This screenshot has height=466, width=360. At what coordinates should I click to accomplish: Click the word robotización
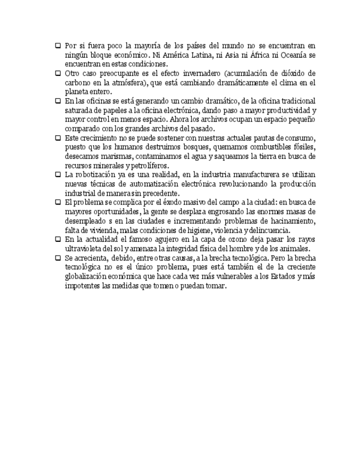(x=99, y=175)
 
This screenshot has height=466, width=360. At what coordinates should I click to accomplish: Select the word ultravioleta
(x=83, y=249)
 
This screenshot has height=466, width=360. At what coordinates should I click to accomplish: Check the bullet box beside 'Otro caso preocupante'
(x=58, y=73)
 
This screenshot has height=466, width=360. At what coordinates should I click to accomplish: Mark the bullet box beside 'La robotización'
(x=58, y=175)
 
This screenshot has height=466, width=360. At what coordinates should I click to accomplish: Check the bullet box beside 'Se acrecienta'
(x=58, y=258)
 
